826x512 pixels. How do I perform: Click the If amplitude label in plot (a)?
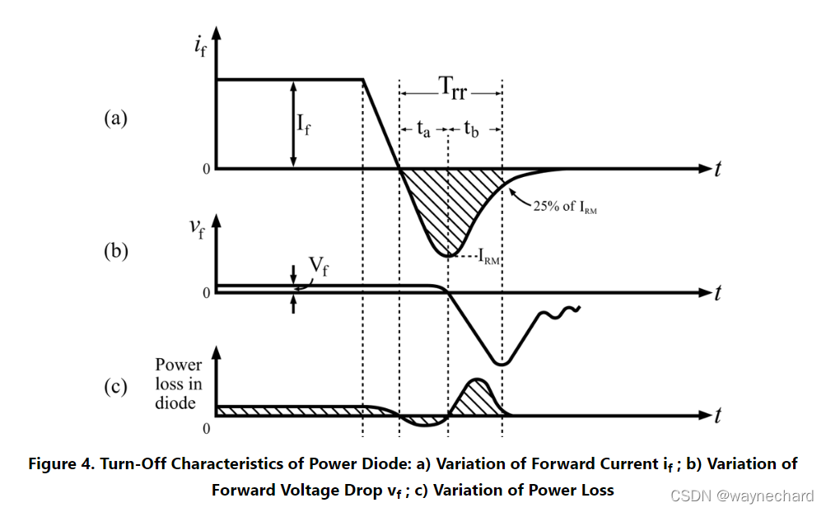303,126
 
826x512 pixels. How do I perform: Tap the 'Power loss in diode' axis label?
179,383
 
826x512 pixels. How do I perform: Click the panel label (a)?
115,119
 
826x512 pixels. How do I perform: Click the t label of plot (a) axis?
719,169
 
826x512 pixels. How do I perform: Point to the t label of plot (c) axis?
719,416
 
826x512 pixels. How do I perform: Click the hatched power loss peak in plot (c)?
476,398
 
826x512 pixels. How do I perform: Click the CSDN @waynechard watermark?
741,496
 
